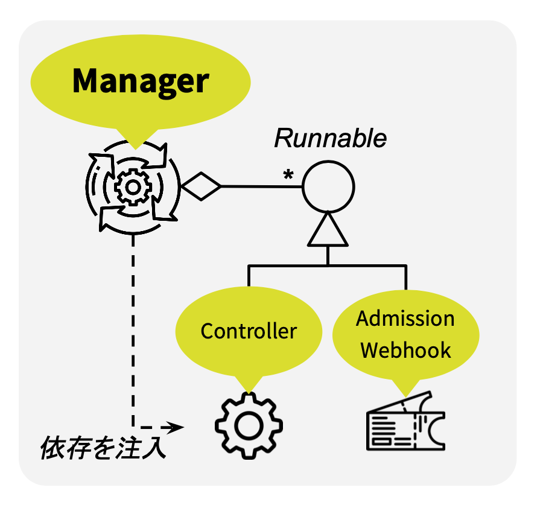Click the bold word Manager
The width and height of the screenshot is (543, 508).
coord(140,81)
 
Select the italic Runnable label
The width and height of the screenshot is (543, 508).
coord(330,139)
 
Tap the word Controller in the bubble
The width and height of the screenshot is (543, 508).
coord(249,331)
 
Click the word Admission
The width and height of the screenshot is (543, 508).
coord(405,319)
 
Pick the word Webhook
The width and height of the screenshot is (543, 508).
coord(405,350)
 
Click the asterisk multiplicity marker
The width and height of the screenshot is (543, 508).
coord(288,175)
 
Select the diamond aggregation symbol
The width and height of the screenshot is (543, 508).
coord(202,186)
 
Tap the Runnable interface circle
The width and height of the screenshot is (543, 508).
coord(328,186)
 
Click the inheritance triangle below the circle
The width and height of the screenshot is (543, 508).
coord(328,230)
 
